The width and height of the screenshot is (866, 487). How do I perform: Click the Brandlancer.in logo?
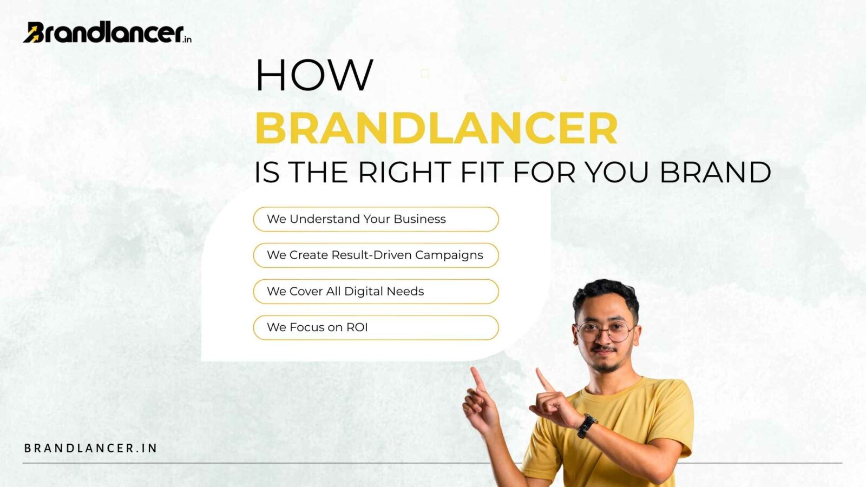107,32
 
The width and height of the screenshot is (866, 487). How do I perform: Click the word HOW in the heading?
314,75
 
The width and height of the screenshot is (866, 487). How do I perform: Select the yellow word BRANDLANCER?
436,128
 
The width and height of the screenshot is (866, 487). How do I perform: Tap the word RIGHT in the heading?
404,173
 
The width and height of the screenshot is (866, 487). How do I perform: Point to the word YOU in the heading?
616,173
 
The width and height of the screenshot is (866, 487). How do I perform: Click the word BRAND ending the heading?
715,173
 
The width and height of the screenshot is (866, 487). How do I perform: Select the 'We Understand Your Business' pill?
376,219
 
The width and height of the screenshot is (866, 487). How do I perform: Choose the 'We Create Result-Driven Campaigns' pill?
376,255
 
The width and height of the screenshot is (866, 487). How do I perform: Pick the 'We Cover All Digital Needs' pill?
376,292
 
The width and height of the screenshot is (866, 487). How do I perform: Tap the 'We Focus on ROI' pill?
376,328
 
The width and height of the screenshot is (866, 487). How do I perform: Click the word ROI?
357,327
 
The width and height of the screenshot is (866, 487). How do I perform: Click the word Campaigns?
449,255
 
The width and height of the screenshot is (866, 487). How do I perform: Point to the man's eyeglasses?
605,331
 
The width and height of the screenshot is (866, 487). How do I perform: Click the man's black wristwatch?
587,425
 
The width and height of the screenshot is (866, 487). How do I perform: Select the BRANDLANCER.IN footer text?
91,448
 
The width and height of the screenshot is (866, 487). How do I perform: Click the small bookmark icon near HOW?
425,74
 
